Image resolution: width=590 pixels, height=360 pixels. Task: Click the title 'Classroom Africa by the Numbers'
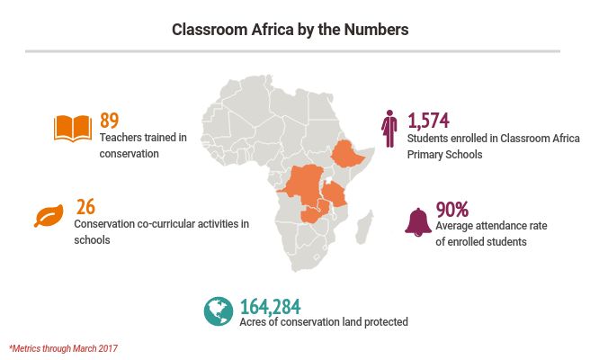pyautogui.click(x=291, y=30)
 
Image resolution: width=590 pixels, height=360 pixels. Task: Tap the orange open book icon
pyautogui.click(x=73, y=128)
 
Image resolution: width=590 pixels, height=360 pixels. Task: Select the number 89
pyautogui.click(x=109, y=121)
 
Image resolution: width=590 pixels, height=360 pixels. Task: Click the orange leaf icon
pyautogui.click(x=47, y=217)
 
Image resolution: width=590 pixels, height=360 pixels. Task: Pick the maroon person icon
pyautogui.click(x=389, y=129)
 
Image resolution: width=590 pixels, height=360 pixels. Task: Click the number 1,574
pyautogui.click(x=428, y=121)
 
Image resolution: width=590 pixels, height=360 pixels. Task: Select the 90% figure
pyautogui.click(x=452, y=210)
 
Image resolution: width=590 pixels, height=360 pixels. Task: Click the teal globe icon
pyautogui.click(x=218, y=310)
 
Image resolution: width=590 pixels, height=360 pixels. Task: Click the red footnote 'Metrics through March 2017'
pyautogui.click(x=63, y=348)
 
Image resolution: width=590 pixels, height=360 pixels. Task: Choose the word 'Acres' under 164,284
pyautogui.click(x=255, y=322)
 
